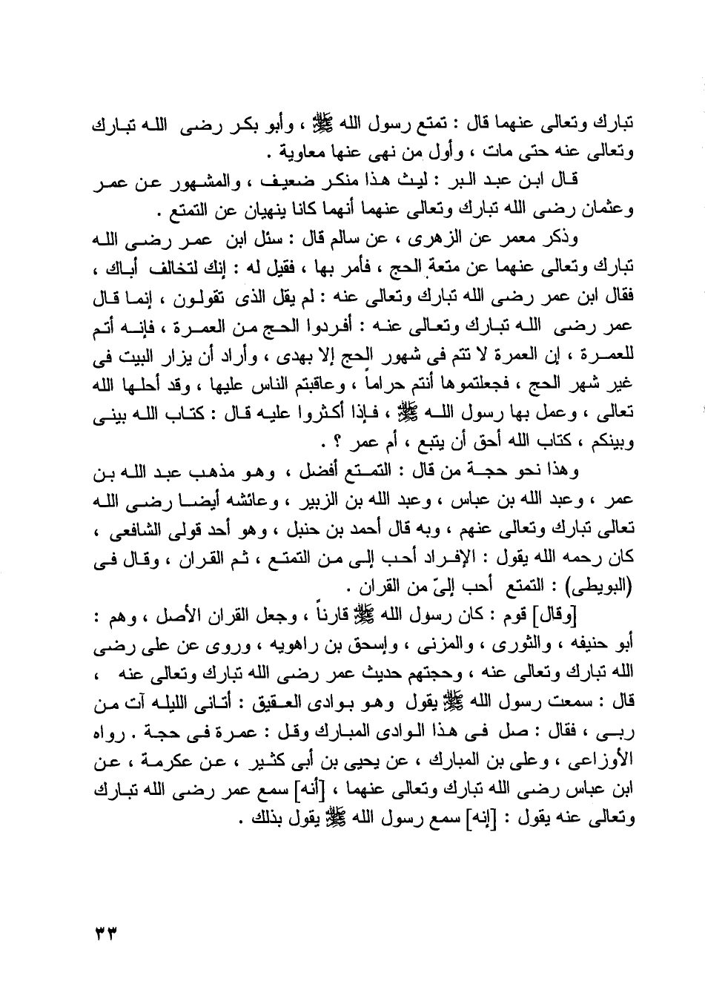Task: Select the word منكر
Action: (357, 181)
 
